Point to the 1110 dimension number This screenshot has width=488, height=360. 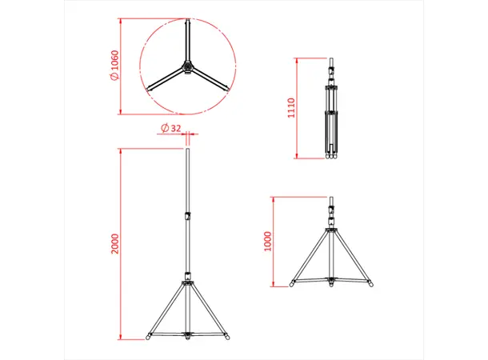[292, 108]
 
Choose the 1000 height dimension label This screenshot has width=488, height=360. [267, 240]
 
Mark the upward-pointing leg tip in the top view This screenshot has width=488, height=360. [189, 22]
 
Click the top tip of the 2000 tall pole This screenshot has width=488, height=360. [188, 150]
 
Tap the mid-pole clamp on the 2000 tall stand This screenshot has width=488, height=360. [188, 214]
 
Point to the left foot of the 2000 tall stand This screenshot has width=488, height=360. [150, 335]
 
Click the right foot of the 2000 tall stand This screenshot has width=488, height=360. [226, 335]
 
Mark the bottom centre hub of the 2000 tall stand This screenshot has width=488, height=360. [188, 335]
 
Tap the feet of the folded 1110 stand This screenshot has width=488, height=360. [330, 158]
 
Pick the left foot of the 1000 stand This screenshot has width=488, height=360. [294, 282]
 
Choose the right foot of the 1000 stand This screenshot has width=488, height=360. [370, 282]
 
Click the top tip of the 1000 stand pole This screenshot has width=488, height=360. [331, 197]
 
